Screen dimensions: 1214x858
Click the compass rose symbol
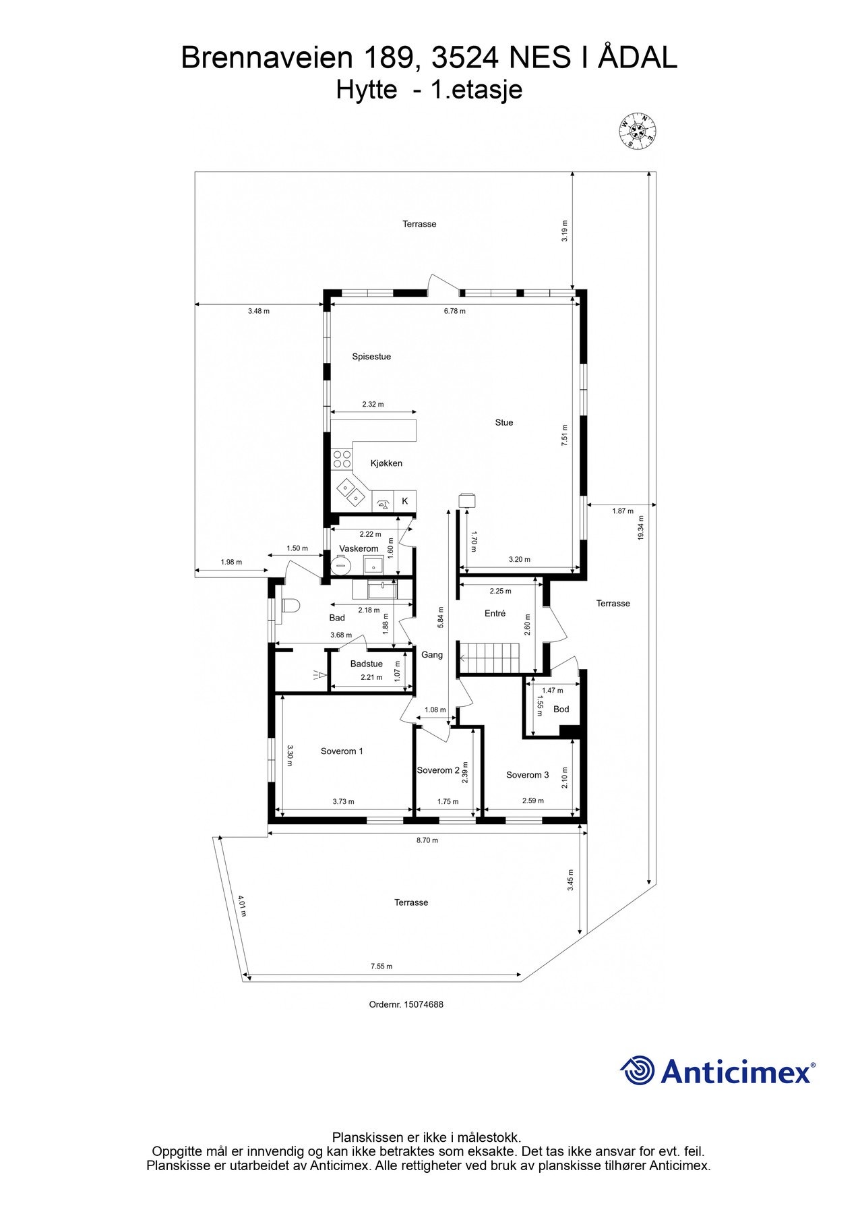point(638,130)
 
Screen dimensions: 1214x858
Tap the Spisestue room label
point(371,357)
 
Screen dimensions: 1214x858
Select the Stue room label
point(503,423)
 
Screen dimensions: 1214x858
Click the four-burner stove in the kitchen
point(342,459)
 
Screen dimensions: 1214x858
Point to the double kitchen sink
point(350,492)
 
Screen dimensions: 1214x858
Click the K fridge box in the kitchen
point(405,501)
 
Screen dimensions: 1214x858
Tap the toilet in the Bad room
point(289,606)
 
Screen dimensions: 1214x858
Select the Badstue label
point(366,664)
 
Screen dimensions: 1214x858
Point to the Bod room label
point(561,709)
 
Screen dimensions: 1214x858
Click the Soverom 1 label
point(342,751)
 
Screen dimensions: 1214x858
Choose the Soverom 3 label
point(527,775)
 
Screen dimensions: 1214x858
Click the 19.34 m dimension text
point(641,527)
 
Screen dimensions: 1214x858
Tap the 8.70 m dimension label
point(427,840)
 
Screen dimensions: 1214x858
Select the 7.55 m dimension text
point(381,966)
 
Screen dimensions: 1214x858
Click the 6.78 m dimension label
point(454,312)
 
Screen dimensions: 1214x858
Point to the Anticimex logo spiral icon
point(638,1070)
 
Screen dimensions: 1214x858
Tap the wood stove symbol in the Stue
point(466,500)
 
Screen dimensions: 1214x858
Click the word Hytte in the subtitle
point(366,90)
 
